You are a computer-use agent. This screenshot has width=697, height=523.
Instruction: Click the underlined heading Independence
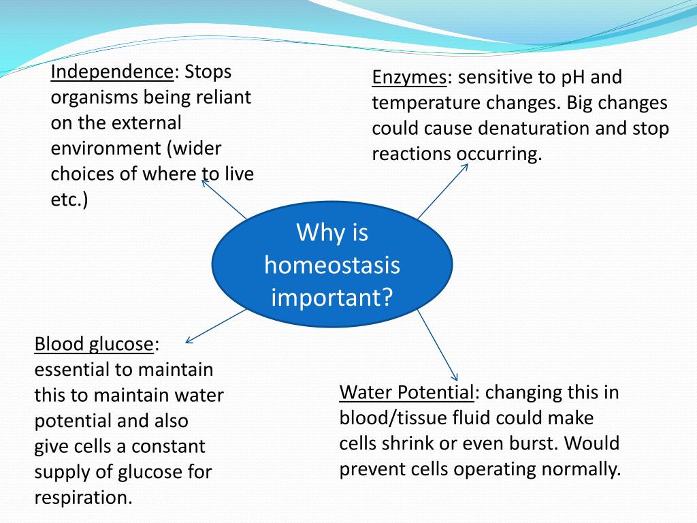pyautogui.click(x=112, y=72)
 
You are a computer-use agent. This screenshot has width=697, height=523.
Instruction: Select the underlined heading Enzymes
pyautogui.click(x=409, y=78)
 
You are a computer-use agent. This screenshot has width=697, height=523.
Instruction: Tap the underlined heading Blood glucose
pyautogui.click(x=94, y=345)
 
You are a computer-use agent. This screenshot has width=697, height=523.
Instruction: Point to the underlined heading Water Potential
pyautogui.click(x=407, y=392)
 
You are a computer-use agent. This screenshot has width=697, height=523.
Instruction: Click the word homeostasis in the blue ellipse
pyautogui.click(x=332, y=265)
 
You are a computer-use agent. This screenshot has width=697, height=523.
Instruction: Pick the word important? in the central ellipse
pyautogui.click(x=332, y=298)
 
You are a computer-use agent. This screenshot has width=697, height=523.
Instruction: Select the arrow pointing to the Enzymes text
pyautogui.click(x=442, y=191)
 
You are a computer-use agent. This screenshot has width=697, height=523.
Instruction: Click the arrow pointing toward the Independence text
pyautogui.click(x=223, y=198)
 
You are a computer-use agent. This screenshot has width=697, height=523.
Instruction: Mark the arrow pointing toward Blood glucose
pyautogui.click(x=216, y=326)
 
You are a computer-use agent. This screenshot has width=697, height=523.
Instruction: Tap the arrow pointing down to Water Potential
pyautogui.click(x=438, y=345)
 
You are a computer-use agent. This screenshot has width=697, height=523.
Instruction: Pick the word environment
pyautogui.click(x=106, y=148)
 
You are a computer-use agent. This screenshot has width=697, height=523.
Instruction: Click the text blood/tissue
pyautogui.click(x=392, y=418)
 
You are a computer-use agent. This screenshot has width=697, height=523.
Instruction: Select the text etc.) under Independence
pyautogui.click(x=69, y=200)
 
